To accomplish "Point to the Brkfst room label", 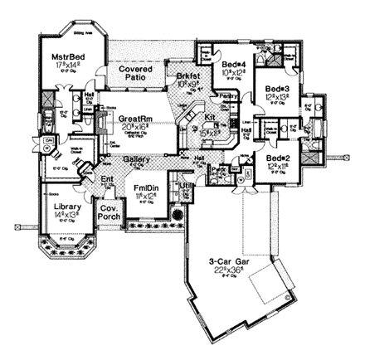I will click(x=187, y=76).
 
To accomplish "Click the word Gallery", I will click(x=137, y=158).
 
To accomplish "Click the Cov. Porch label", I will click(x=109, y=213).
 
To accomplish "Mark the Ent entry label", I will click(x=107, y=178).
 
